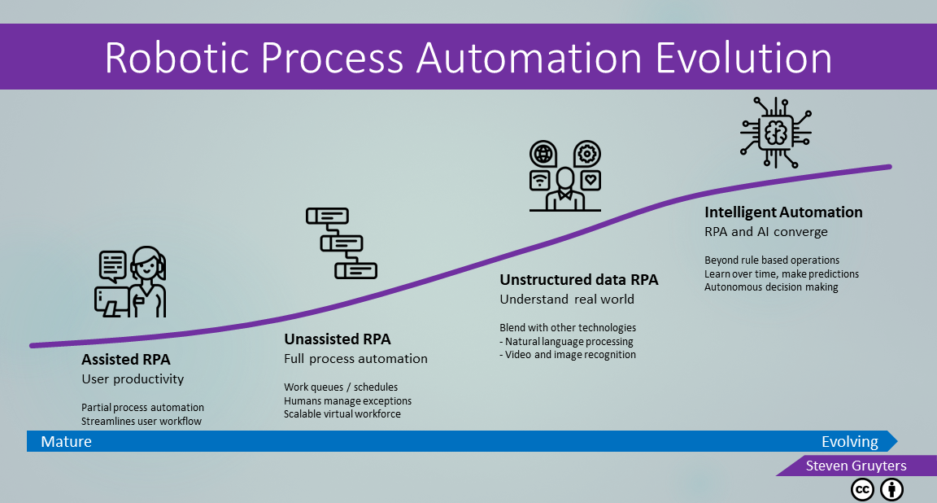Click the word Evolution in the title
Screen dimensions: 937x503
743,58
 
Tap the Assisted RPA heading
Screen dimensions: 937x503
126,360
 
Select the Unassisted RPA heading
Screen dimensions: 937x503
337,339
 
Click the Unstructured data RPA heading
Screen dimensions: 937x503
579,280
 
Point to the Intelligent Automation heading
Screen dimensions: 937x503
783,212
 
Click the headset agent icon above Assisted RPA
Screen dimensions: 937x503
130,281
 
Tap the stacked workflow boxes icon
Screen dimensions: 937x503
342,243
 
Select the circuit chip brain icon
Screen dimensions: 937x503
776,132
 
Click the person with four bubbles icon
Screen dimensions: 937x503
565,176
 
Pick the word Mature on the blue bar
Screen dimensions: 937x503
67,441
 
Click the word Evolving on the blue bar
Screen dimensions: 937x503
850,442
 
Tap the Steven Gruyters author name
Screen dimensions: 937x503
856,466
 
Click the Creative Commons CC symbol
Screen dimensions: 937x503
862,490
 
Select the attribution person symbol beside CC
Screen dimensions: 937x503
891,490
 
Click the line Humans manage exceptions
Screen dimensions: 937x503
348,400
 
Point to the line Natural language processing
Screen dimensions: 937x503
566,342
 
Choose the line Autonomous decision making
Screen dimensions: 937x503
771,287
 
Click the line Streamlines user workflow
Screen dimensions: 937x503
142,421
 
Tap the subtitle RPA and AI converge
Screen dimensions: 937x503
766,232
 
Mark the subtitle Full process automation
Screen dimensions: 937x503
355,359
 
